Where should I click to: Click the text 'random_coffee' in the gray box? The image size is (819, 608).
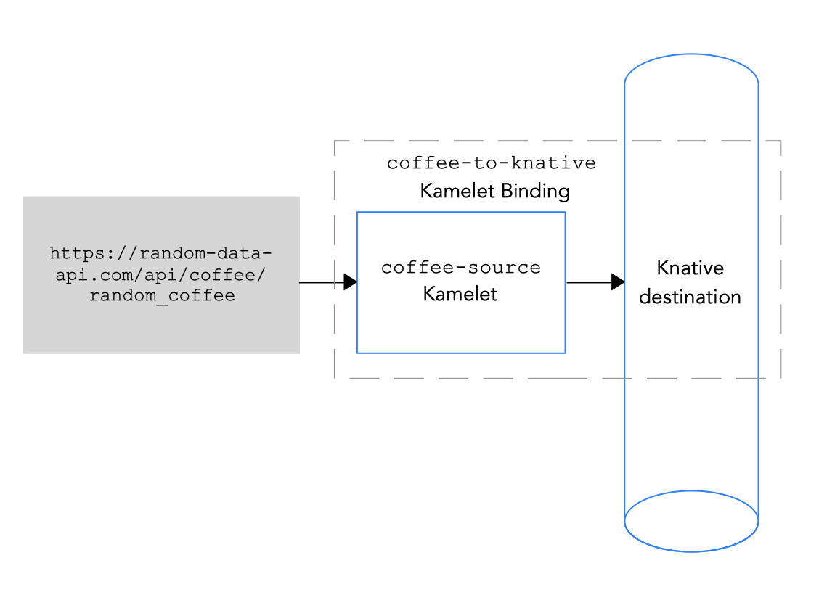pos(161,296)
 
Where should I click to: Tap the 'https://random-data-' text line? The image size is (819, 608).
pos(161,253)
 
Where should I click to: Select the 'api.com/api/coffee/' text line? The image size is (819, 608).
pos(161,275)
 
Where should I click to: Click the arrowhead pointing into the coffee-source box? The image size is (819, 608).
pos(350,282)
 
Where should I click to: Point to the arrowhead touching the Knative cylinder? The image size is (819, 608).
pos(618,282)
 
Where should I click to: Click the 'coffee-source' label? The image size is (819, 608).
pos(461,268)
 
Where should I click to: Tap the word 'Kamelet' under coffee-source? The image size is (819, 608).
pos(460,295)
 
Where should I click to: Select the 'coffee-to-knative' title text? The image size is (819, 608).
pos(492,163)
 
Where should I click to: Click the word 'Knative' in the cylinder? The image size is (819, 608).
pos(690,268)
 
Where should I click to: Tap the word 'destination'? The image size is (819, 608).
pos(690,297)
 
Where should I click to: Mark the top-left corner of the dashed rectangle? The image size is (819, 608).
pos(335,141)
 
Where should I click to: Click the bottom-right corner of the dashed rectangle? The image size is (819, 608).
pos(781,378)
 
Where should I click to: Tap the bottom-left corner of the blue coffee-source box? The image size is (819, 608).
pos(357,353)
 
